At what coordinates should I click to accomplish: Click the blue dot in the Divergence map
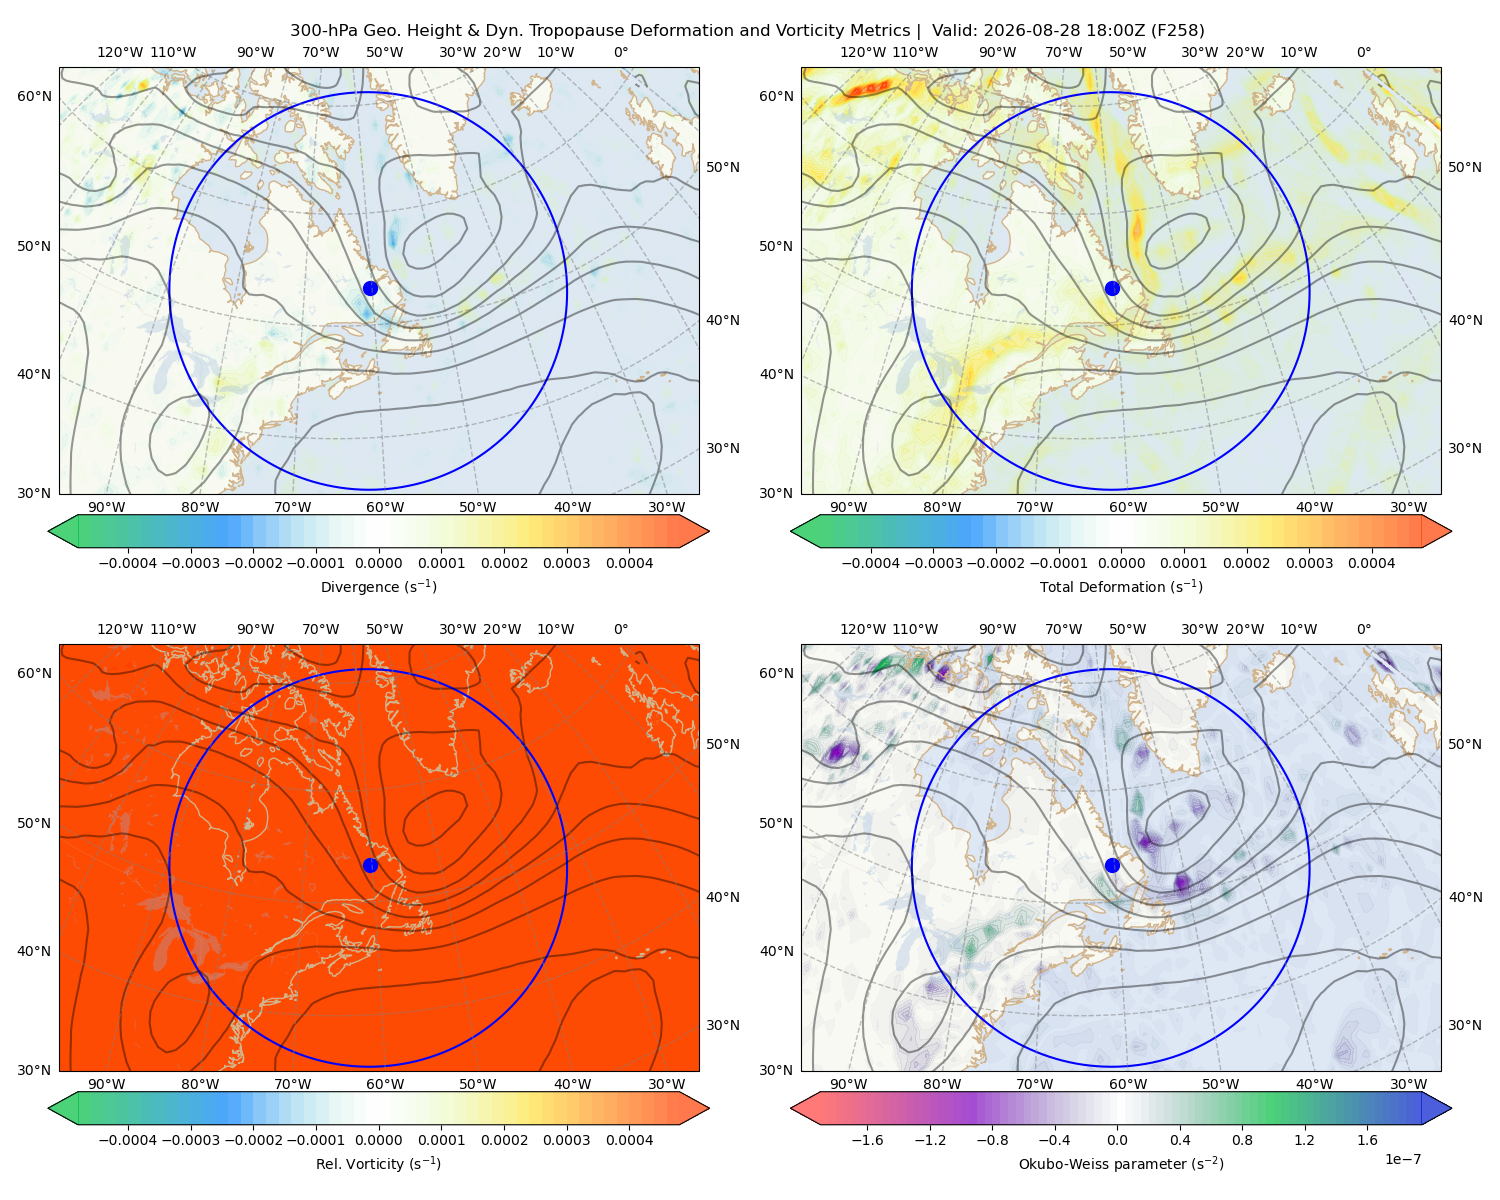370,288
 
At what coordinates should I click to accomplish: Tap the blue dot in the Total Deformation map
1112,288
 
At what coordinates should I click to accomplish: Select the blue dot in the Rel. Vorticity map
370,865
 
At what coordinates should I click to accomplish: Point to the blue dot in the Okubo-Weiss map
1112,865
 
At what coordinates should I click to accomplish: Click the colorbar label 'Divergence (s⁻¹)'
378,586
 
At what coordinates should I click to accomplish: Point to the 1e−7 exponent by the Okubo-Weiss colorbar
1402,1159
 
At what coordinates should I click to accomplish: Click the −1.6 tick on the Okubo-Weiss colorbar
867,1139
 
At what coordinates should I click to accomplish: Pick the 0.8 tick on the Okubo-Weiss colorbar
1242,1139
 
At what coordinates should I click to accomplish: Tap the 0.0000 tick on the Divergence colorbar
378,563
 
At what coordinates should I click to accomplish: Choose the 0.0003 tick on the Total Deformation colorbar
1309,563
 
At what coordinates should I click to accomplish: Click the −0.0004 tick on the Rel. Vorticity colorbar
128,1139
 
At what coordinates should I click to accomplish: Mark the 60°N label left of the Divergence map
34,96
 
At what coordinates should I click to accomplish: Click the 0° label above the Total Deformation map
1363,52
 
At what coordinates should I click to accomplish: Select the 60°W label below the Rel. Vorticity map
385,1084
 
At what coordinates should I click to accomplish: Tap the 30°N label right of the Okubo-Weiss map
1464,1024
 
